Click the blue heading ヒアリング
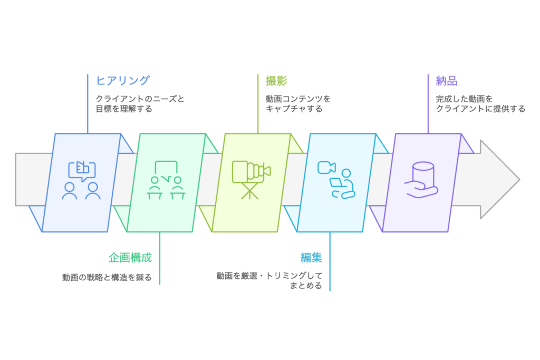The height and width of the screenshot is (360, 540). coord(122,81)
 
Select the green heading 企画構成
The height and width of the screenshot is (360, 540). coord(130,258)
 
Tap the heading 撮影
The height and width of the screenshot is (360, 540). coord(273,81)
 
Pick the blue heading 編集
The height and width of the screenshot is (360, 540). coord(311,258)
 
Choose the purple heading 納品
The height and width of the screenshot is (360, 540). coord(446,81)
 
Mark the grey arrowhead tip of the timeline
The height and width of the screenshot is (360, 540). coord(518,179)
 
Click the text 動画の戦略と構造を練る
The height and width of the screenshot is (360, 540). coord(107,277)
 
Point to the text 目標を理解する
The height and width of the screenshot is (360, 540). coord(123,109)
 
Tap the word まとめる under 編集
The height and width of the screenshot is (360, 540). coord(305,286)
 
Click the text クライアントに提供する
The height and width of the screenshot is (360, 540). coord(480,109)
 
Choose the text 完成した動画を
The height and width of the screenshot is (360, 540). coord(464,99)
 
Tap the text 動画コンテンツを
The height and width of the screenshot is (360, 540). coord(298,99)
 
